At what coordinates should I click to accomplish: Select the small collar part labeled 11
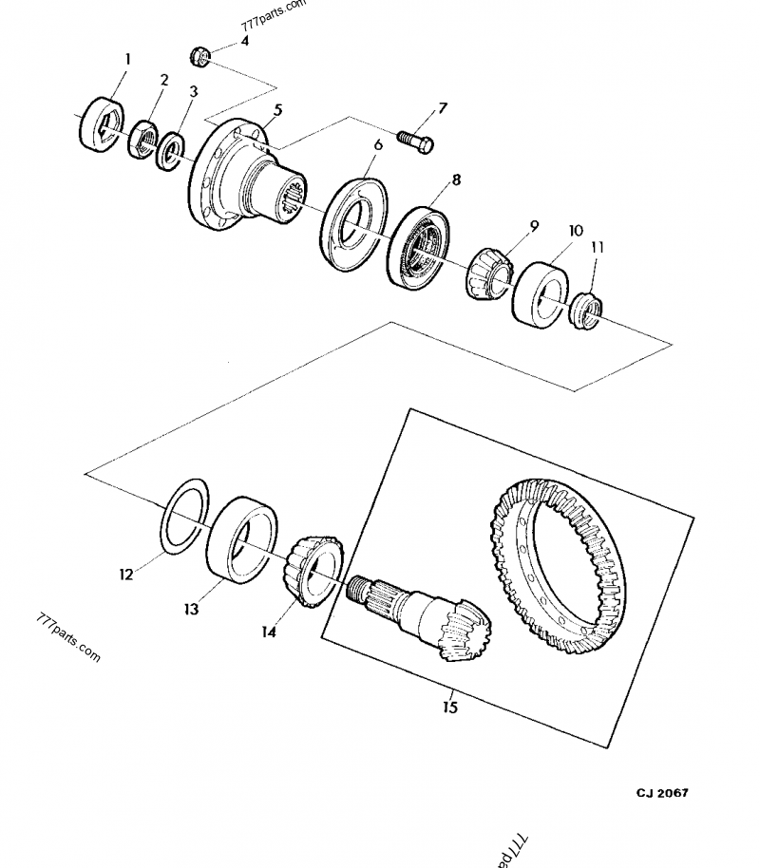[x=584, y=311]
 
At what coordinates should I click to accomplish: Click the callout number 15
[x=450, y=708]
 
